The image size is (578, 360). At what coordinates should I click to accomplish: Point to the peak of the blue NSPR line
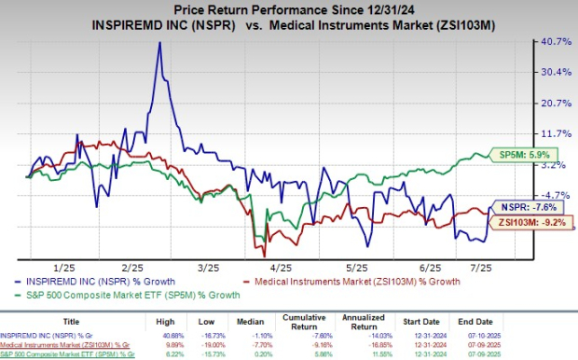[x=159, y=43]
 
